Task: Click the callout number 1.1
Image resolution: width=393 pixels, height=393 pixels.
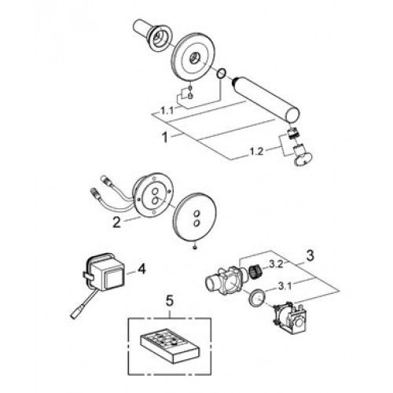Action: pyautogui.click(x=167, y=111)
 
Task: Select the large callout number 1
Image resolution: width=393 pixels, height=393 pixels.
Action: pyautogui.click(x=165, y=138)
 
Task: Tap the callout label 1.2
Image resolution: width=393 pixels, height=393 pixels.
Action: pyautogui.click(x=256, y=152)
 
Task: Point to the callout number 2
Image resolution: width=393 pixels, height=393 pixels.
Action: pyautogui.click(x=116, y=222)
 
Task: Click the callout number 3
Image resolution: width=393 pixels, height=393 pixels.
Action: pyautogui.click(x=310, y=255)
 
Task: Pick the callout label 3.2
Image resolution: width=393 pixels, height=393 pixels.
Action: pyautogui.click(x=276, y=265)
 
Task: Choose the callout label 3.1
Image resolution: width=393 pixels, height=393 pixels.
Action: pyautogui.click(x=285, y=286)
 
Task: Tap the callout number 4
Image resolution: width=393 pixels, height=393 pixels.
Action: pyautogui.click(x=141, y=270)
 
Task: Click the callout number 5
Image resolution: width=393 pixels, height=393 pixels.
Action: pyautogui.click(x=170, y=301)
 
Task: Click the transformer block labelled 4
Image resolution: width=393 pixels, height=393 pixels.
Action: pyautogui.click(x=105, y=274)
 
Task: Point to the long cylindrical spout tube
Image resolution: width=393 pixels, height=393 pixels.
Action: pyautogui.click(x=266, y=99)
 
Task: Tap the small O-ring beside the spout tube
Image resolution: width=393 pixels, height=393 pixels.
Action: pyautogui.click(x=221, y=73)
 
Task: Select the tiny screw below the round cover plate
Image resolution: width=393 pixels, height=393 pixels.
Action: pyautogui.click(x=194, y=247)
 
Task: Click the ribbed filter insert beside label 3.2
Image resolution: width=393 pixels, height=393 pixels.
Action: pyautogui.click(x=254, y=274)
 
